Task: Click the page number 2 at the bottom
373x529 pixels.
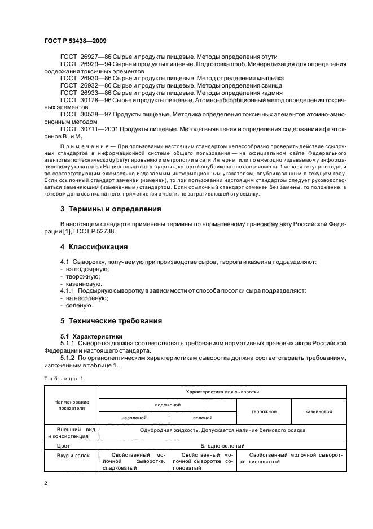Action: pyautogui.click(x=46, y=484)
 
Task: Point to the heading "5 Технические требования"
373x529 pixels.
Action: pyautogui.click(x=111, y=320)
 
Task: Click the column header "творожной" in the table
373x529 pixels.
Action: pyautogui.click(x=263, y=412)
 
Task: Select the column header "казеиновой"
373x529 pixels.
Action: pyautogui.click(x=318, y=412)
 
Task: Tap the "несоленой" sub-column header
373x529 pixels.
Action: pyautogui.click(x=134, y=418)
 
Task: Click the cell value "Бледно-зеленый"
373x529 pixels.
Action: pyautogui.click(x=222, y=445)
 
